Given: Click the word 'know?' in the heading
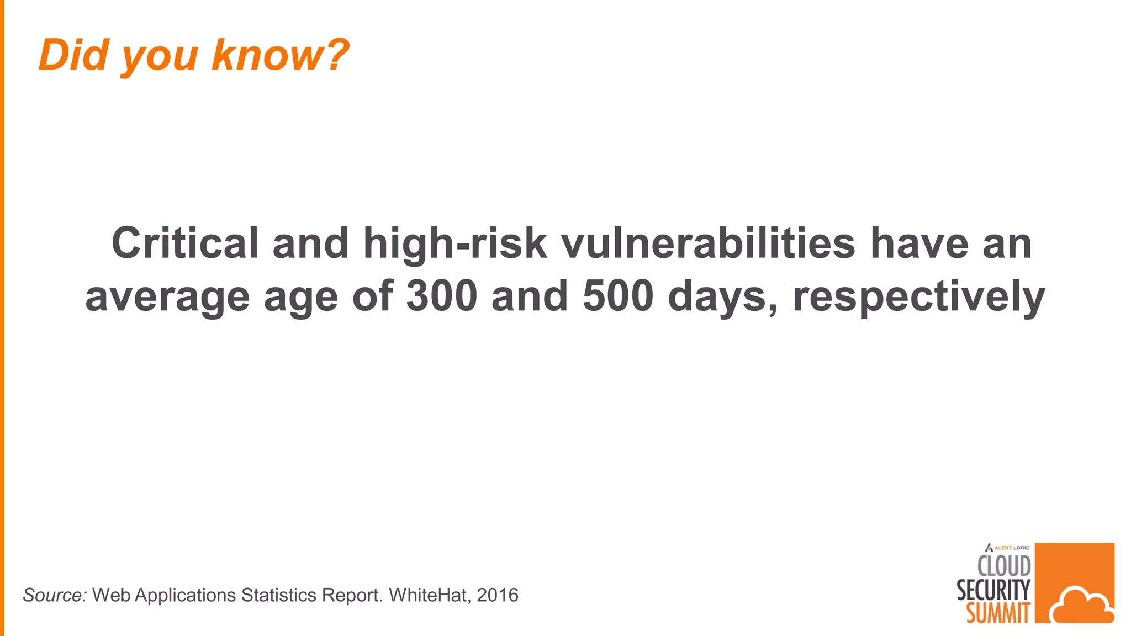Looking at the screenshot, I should point(281,55).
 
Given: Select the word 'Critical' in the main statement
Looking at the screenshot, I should point(185,243).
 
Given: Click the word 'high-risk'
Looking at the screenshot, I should point(455,243).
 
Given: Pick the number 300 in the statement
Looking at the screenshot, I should point(442,296).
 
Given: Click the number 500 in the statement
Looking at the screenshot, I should point(618,296).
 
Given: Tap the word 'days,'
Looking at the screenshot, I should point(723,296).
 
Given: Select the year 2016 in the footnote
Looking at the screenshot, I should point(498,595).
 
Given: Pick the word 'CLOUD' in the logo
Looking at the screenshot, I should point(1004,566).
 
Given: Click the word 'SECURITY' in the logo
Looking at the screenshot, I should point(993,590).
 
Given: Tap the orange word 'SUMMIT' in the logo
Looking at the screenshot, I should point(998,613).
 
